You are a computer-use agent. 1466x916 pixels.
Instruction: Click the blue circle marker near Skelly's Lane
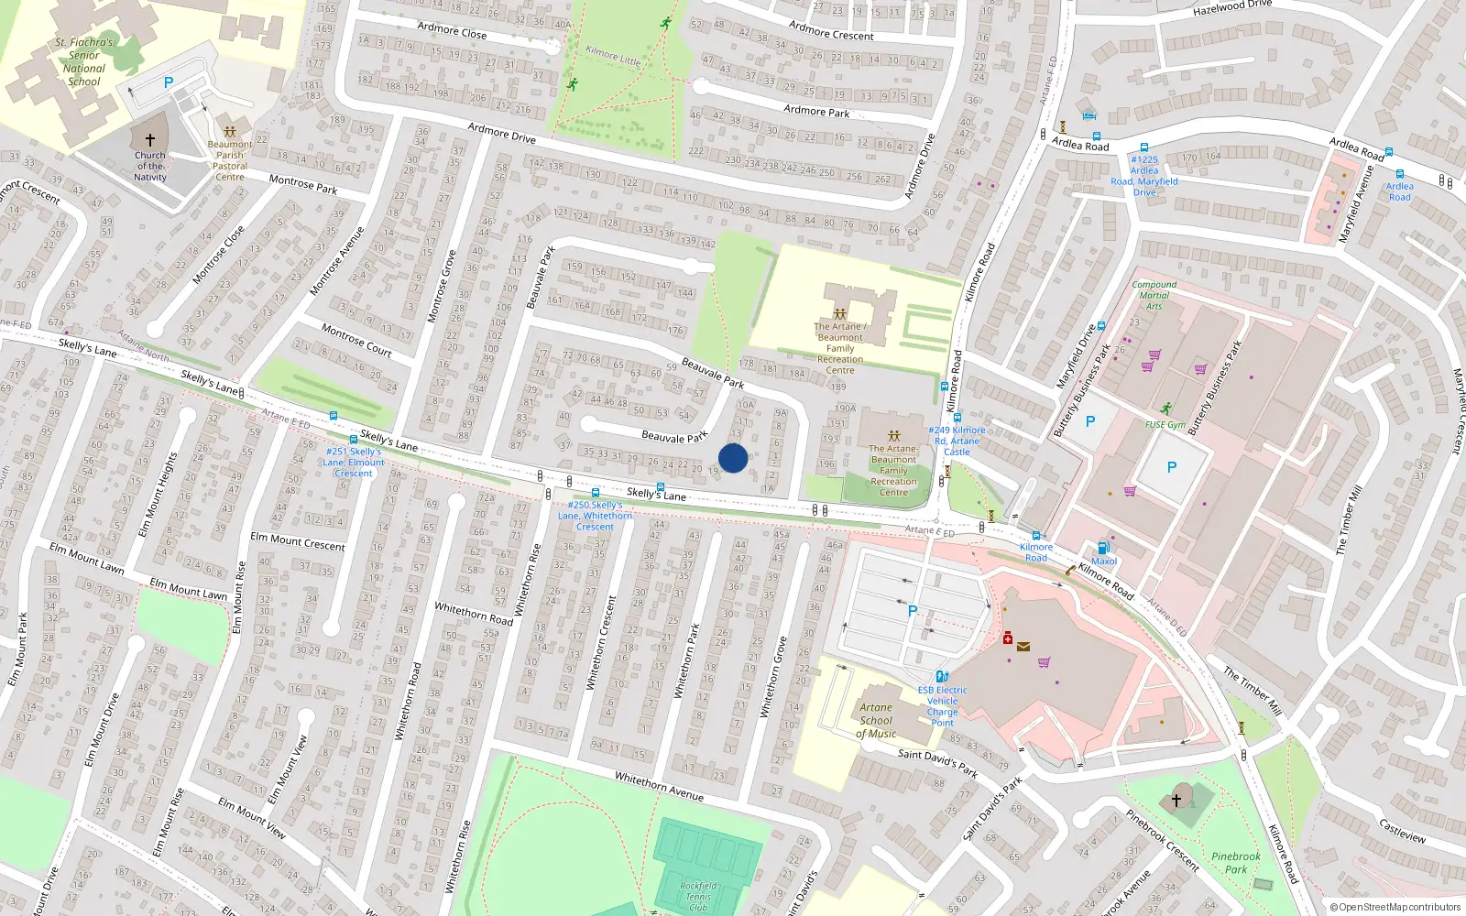[732, 458]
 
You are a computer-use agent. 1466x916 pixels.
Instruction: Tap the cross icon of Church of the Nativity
[150, 140]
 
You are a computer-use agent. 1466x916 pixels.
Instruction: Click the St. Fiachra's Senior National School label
[84, 61]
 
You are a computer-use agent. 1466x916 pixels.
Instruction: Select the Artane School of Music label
[876, 720]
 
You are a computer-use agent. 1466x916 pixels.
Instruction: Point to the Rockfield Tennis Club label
[698, 896]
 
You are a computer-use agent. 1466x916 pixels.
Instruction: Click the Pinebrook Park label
[1235, 863]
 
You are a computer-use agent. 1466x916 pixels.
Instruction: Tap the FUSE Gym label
[1165, 425]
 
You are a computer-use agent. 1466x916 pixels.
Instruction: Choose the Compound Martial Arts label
[1154, 295]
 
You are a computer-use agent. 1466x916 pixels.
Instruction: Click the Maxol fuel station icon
[1102, 549]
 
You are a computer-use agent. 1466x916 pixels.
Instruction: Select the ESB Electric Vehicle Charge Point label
[942, 706]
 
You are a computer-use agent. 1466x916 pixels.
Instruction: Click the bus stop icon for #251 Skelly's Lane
[354, 440]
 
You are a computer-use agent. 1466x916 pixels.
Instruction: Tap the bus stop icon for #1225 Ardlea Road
[1143, 147]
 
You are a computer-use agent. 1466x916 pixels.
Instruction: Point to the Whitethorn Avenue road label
[659, 786]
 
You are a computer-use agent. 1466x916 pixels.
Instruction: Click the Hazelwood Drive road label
[1231, 7]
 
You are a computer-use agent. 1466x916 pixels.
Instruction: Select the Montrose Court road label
[356, 340]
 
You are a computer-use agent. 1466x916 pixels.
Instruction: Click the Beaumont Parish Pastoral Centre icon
[230, 131]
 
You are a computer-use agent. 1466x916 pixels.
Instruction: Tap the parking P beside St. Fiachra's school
[169, 82]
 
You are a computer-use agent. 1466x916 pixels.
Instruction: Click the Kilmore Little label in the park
[613, 56]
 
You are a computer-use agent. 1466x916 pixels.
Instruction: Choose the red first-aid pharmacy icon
[1007, 638]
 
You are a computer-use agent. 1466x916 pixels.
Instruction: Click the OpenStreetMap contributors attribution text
[1395, 908]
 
